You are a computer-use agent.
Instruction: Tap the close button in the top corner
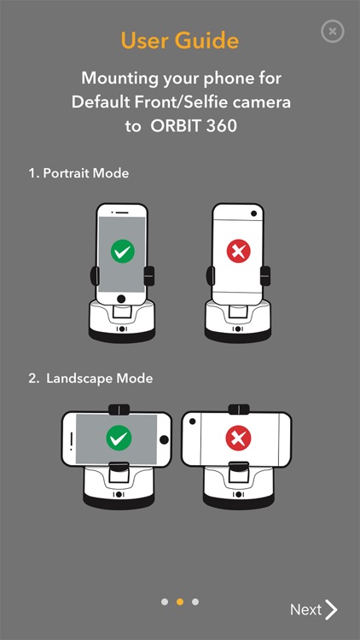pos(333,31)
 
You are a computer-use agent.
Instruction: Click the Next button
pos(314,610)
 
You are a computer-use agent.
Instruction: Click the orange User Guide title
pos(180,41)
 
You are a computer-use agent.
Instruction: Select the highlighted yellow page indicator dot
pos(180,602)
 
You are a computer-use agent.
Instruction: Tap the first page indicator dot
pos(165,602)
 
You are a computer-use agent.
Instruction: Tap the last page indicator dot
pos(195,602)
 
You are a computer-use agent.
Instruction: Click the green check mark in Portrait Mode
pos(123,251)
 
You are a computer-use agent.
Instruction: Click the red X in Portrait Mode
pos(238,251)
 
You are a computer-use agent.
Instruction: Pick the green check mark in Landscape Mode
pos(119,438)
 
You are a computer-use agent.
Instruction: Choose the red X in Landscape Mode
pos(238,438)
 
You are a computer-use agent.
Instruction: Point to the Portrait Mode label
pos(78,173)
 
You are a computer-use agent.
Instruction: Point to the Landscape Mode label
pos(90,378)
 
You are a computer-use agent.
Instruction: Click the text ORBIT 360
pos(194,125)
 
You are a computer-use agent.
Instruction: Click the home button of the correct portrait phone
pos(121,299)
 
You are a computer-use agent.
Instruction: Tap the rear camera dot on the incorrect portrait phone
pos(254,213)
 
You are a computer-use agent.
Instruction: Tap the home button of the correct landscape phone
pos(164,439)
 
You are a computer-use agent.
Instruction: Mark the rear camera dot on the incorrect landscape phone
pos(192,421)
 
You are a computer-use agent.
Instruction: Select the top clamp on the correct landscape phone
pos(119,410)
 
